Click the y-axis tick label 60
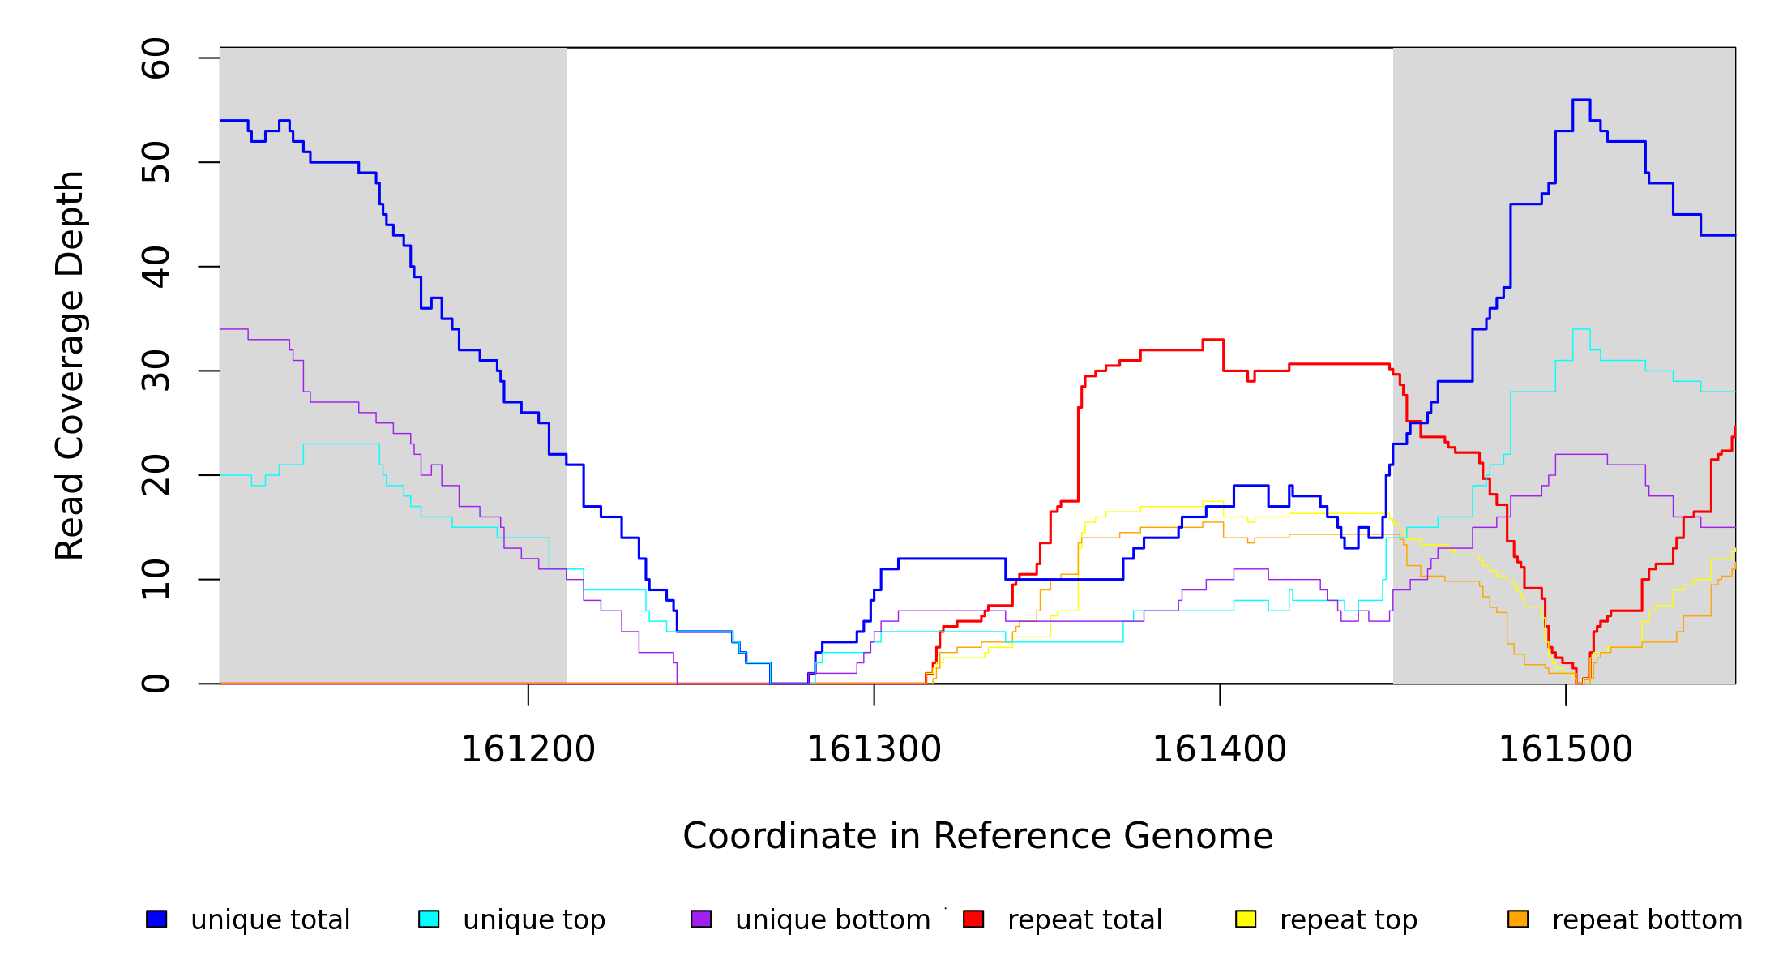click(x=156, y=58)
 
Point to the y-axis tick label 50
click(x=156, y=162)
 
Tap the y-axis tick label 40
click(x=156, y=267)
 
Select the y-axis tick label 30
click(x=156, y=371)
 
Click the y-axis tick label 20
click(x=156, y=475)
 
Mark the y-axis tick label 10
click(x=156, y=579)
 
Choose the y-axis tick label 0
click(x=156, y=684)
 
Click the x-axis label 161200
click(x=528, y=749)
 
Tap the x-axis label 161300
click(x=874, y=749)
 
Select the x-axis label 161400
click(x=1219, y=749)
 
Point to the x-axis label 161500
click(x=1565, y=749)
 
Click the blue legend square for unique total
click(x=156, y=919)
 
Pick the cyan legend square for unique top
click(x=429, y=919)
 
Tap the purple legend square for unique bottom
click(x=701, y=919)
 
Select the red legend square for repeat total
click(x=973, y=919)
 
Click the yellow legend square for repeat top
click(x=1246, y=919)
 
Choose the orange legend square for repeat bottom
click(x=1518, y=919)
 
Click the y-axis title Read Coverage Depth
click(x=70, y=365)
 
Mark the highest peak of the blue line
click(x=1580, y=100)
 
